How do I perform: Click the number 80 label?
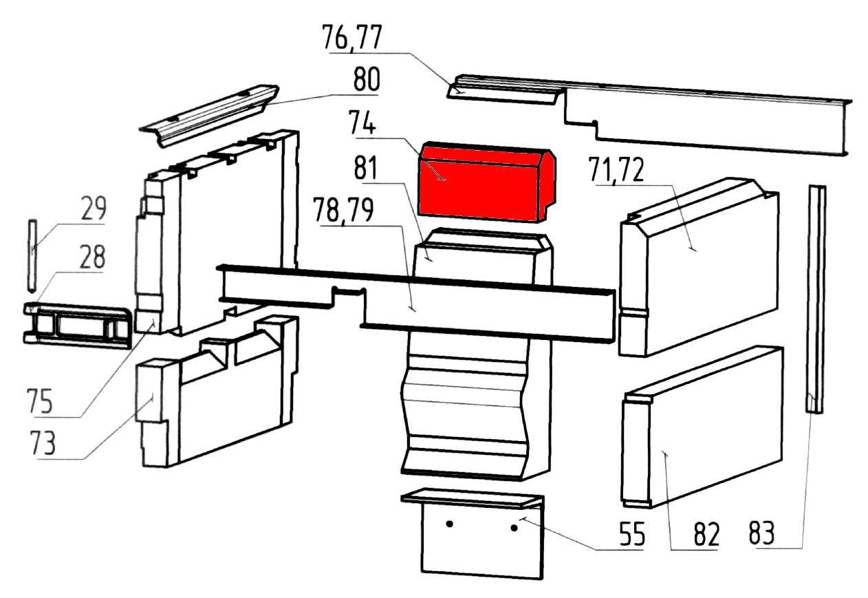[365, 81]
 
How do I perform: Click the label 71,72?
[616, 169]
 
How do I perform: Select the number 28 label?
[90, 259]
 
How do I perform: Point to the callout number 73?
[44, 444]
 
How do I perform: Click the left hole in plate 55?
[449, 524]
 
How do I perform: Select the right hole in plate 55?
[514, 528]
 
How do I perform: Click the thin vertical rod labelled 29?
[32, 255]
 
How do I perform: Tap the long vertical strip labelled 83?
[816, 296]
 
